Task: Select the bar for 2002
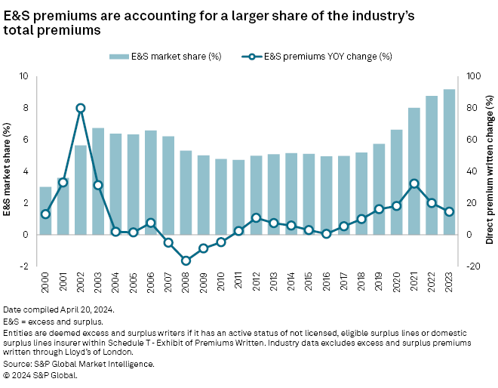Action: (x=81, y=189)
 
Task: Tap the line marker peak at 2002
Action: (x=81, y=108)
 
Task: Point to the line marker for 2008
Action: (x=186, y=260)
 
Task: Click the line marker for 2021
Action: (x=414, y=183)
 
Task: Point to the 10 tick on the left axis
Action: (x=23, y=76)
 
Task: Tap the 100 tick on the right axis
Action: (x=473, y=76)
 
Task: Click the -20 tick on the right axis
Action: (x=473, y=266)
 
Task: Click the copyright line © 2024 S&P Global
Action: (x=41, y=374)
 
